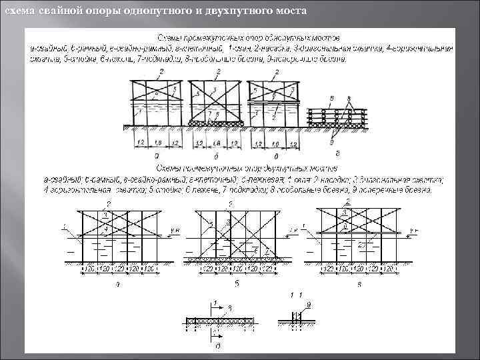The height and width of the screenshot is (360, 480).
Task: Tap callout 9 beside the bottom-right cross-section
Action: tap(308, 304)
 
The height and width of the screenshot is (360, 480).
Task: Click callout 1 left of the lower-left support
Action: tap(62, 227)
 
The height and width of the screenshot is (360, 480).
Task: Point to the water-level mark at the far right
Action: tap(413, 230)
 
